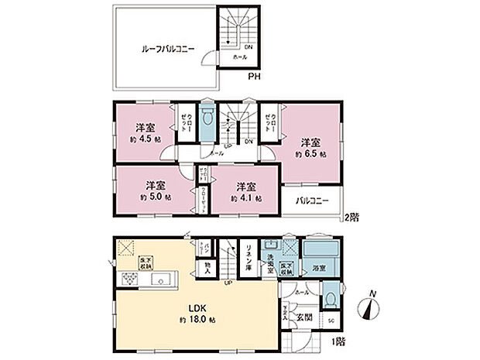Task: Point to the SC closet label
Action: pos(331,321)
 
